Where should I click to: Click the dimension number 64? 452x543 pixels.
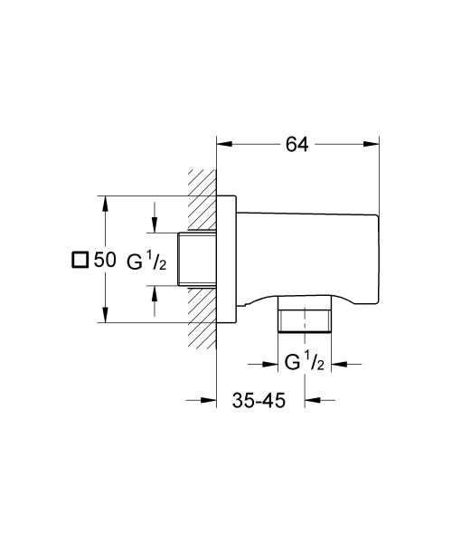point(296,144)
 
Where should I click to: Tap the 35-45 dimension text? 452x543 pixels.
point(260,401)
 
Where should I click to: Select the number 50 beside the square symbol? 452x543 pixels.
point(105,261)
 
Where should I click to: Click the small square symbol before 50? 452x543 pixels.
point(80,261)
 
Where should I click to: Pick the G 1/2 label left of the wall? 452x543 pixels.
point(145,261)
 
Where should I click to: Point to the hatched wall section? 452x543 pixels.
point(202,262)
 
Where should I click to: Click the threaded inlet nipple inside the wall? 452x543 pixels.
point(198,260)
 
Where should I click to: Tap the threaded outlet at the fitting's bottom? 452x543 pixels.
point(306,319)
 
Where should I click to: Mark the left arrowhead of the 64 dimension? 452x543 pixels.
point(222,144)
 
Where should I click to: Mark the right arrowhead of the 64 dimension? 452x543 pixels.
point(372,144)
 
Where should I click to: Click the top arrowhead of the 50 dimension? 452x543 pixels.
point(106,200)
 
